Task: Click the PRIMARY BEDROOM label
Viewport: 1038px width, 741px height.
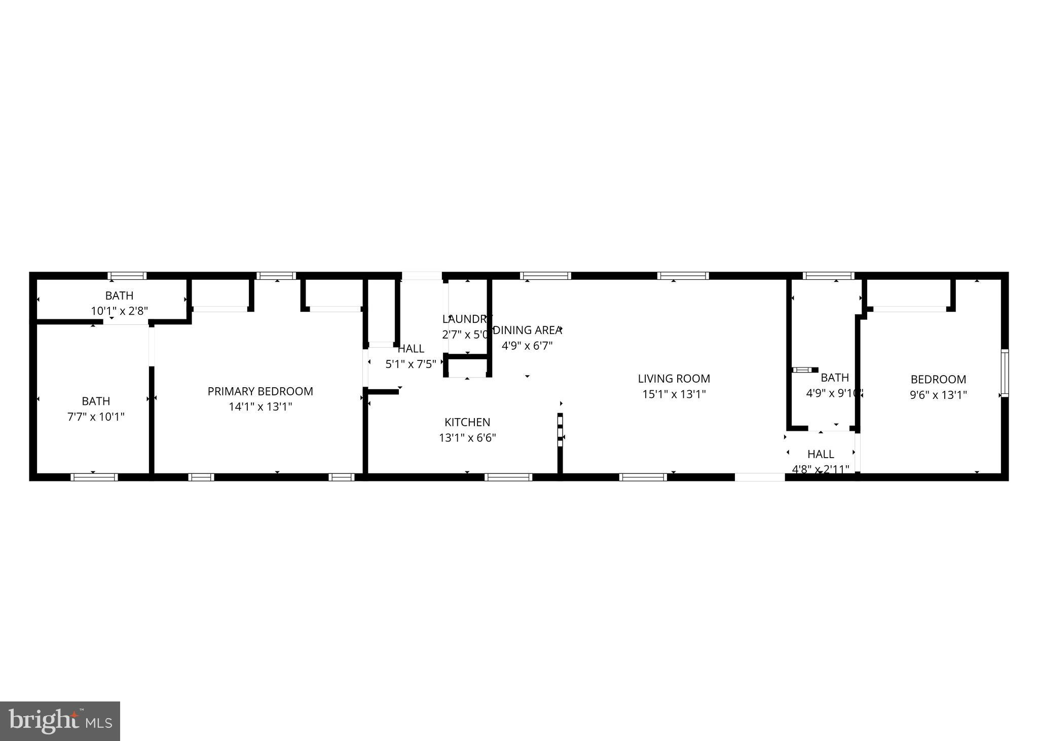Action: (260, 391)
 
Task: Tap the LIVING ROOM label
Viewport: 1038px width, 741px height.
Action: (674, 379)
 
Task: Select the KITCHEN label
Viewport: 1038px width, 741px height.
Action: (467, 422)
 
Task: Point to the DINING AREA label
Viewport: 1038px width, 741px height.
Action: (527, 330)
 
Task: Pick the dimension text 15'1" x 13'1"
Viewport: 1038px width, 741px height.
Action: (674, 394)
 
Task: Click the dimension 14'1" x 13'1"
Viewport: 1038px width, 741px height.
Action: (260, 406)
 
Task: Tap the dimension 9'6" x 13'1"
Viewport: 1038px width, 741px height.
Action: (938, 395)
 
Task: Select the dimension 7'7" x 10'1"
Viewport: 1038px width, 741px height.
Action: (96, 417)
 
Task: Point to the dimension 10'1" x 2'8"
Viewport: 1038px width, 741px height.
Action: (119, 311)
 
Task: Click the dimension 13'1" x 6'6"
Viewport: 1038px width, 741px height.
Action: (467, 438)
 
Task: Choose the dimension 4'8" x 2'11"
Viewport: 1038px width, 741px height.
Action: (821, 469)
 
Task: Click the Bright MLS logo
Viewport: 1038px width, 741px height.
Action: (60, 721)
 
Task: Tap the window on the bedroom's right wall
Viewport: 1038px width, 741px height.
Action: (1005, 373)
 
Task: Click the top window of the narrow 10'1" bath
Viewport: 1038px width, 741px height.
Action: (127, 276)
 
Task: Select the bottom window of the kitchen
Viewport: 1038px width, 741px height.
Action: (508, 477)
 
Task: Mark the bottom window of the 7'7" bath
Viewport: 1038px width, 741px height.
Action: (94, 477)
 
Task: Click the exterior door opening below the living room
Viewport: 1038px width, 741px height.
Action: (760, 477)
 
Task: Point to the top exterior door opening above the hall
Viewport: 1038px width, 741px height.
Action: (422, 276)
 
